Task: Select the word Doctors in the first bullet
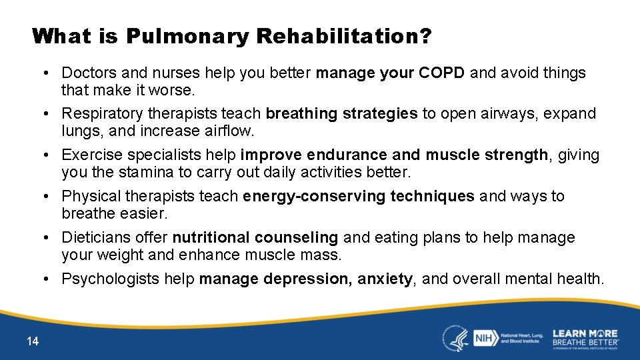[87, 73]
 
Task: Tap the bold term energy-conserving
[314, 197]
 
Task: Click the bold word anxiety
[385, 279]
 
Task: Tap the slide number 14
[33, 341]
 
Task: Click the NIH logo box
[483, 338]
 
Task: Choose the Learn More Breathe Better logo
[585, 338]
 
